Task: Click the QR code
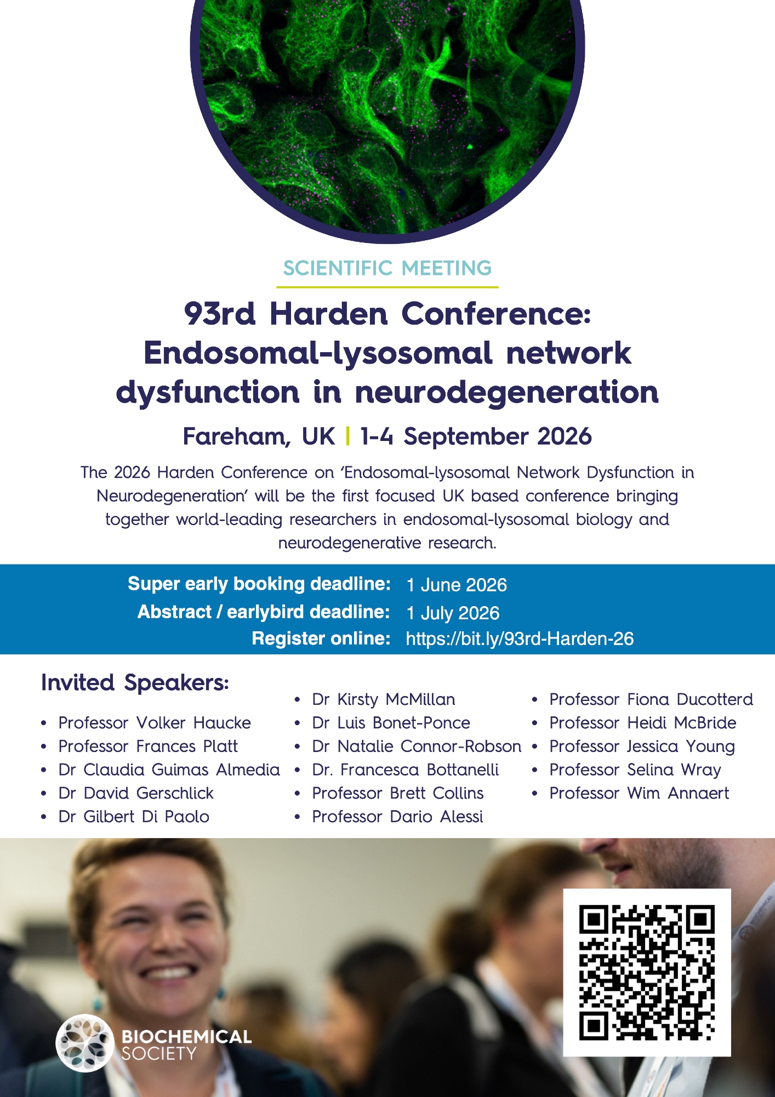[x=647, y=972]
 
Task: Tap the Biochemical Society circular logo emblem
[x=84, y=1043]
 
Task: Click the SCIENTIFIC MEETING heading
[x=387, y=268]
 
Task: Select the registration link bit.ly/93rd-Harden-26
[x=520, y=639]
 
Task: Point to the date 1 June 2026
[x=457, y=585]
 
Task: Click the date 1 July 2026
[x=453, y=613]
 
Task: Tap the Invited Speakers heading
[x=135, y=683]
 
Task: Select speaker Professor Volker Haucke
[x=155, y=723]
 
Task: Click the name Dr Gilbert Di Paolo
[x=134, y=817]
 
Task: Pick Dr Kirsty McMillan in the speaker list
[x=384, y=699]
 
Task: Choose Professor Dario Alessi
[x=397, y=817]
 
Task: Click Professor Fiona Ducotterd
[x=651, y=699]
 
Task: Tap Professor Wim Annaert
[x=639, y=793]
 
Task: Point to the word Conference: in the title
[x=497, y=314]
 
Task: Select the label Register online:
[x=321, y=638]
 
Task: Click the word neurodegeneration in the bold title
[x=507, y=392]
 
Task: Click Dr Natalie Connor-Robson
[x=417, y=747]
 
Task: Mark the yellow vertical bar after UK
[x=348, y=437]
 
